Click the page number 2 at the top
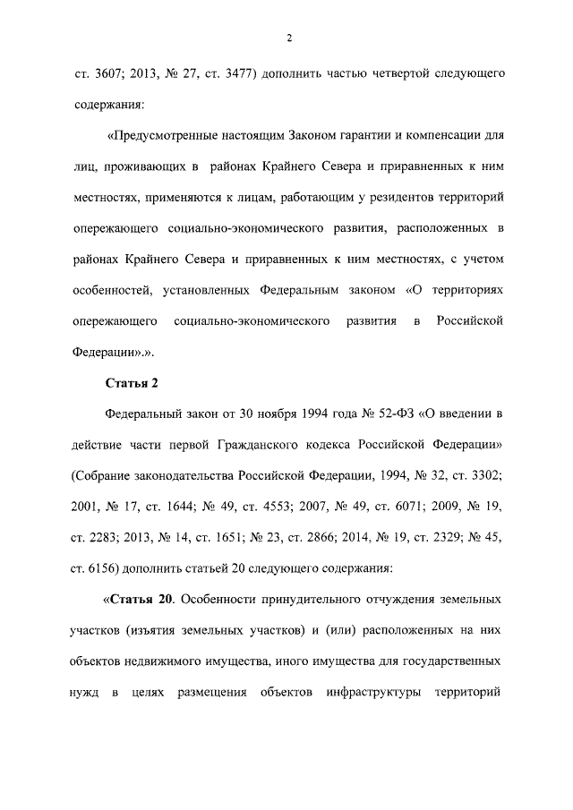pyautogui.click(x=289, y=37)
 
